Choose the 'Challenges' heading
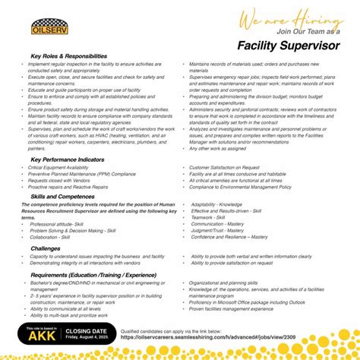(46, 247)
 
